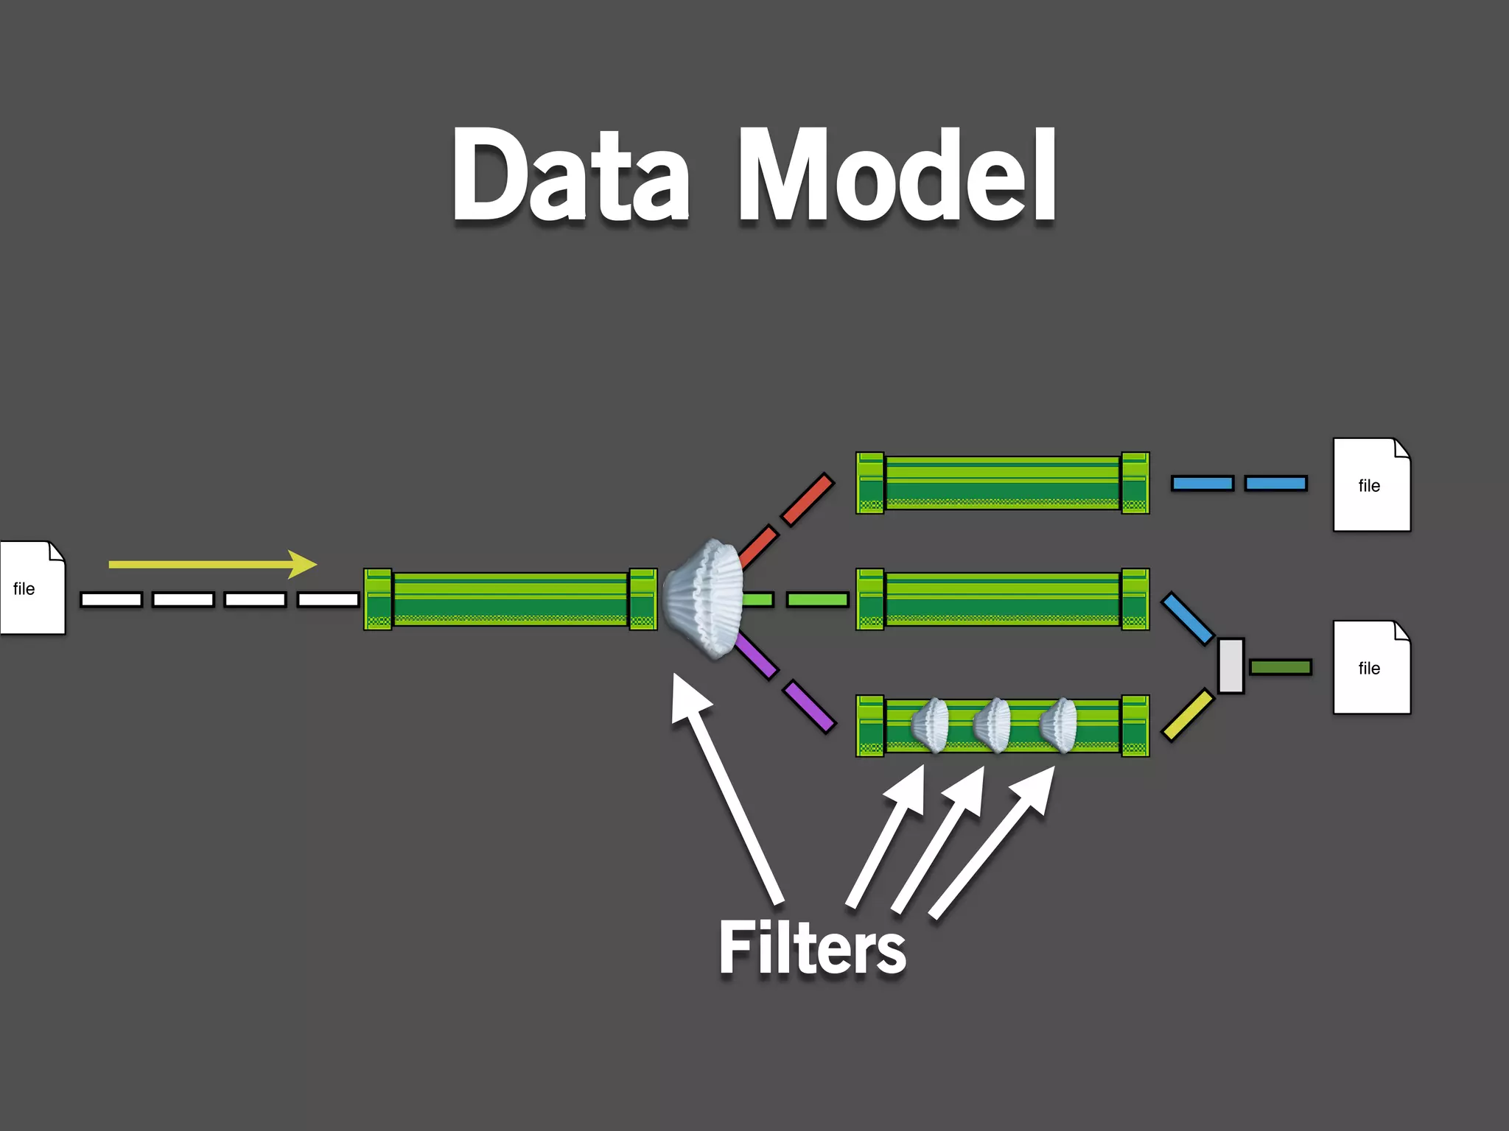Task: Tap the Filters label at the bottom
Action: pos(812,949)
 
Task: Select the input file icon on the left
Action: pos(32,588)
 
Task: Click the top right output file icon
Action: pos(1371,485)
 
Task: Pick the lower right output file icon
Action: pos(1371,667)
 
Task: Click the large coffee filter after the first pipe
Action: pos(704,598)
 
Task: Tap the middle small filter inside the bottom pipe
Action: pos(992,725)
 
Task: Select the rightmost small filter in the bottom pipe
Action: pos(1059,725)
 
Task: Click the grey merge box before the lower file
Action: pos(1230,666)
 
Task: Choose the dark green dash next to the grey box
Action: pos(1281,667)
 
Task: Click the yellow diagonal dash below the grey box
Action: pos(1187,714)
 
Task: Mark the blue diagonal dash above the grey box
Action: pos(1187,619)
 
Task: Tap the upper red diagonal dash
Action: pos(808,499)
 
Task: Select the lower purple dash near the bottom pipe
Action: pos(810,707)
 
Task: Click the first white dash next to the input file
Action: pos(111,599)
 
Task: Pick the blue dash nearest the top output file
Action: pos(1275,483)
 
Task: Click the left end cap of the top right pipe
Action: pos(869,483)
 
